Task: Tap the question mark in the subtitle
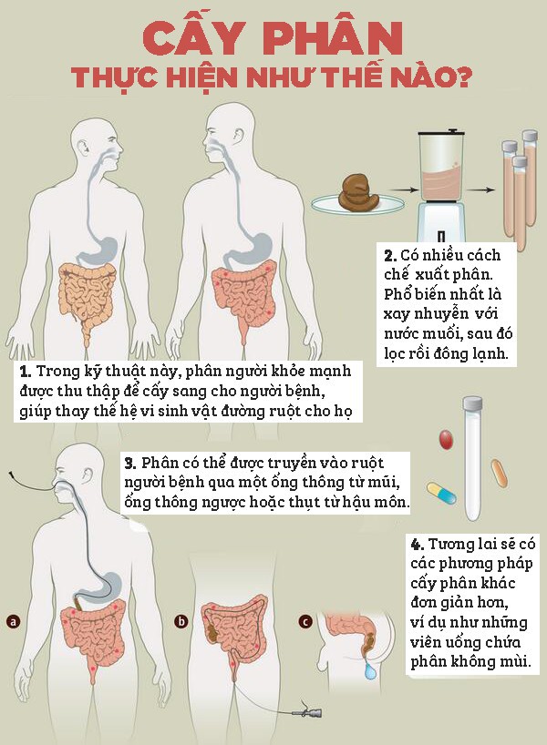(x=462, y=77)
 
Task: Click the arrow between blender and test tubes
(x=480, y=190)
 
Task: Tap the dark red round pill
(x=446, y=440)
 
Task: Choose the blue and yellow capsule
(x=441, y=492)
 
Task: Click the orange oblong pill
(x=499, y=473)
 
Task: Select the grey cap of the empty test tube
(x=473, y=403)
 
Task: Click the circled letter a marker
(x=14, y=621)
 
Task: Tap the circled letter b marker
(x=181, y=621)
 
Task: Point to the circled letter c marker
(x=305, y=621)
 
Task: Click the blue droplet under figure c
(x=369, y=671)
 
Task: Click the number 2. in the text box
(x=390, y=256)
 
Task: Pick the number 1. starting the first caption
(x=26, y=371)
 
